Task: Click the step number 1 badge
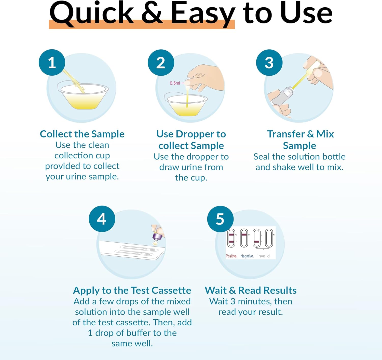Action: pyautogui.click(x=52, y=62)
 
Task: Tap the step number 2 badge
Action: pyautogui.click(x=161, y=63)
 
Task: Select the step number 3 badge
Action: pyautogui.click(x=269, y=63)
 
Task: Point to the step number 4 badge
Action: pyautogui.click(x=102, y=219)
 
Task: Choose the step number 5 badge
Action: pyautogui.click(x=220, y=219)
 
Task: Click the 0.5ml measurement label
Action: pyautogui.click(x=175, y=83)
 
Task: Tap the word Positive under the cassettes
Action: pyautogui.click(x=231, y=256)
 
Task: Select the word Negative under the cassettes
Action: pyautogui.click(x=247, y=256)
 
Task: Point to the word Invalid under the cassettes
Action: pyautogui.click(x=263, y=256)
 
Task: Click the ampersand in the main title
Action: pyautogui.click(x=152, y=13)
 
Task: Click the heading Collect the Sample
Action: pyautogui.click(x=82, y=134)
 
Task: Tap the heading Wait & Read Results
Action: pyautogui.click(x=251, y=290)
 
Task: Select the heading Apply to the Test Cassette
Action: pyautogui.click(x=132, y=290)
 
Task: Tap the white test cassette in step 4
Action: pyautogui.click(x=132, y=250)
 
